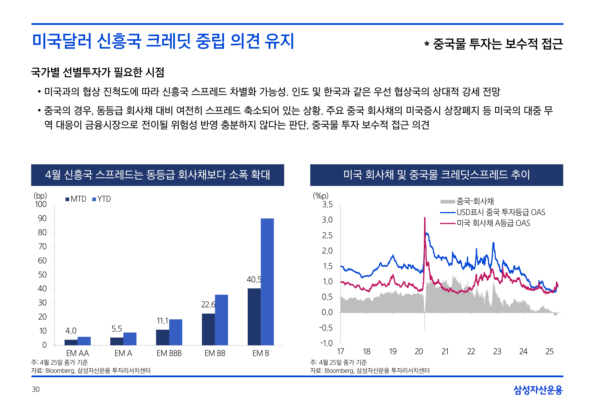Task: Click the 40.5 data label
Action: coord(254,280)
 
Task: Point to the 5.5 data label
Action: coord(117,329)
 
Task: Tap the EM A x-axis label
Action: coord(123,353)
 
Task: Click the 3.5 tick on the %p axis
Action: coord(327,205)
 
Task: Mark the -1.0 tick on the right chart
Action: coord(326,343)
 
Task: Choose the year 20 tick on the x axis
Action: coord(419,352)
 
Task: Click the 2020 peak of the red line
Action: coord(425,218)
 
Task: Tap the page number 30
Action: coord(36,389)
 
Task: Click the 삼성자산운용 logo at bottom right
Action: coord(538,390)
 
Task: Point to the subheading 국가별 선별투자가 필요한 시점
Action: coord(98,72)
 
